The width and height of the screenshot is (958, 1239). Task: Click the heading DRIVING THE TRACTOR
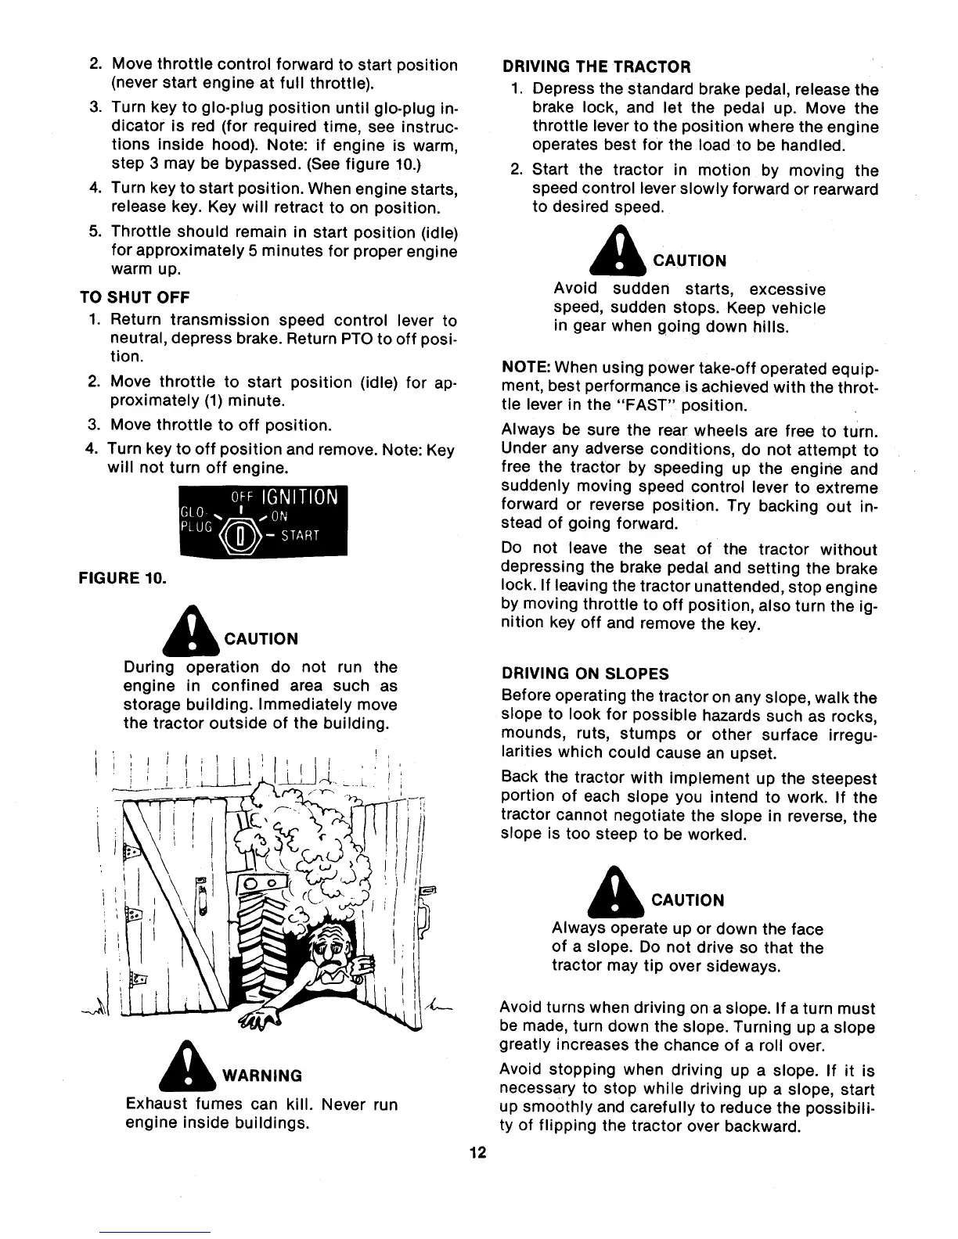coord(596,66)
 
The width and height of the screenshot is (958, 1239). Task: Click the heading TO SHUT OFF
coord(135,297)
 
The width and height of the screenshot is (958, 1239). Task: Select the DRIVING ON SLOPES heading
coord(585,673)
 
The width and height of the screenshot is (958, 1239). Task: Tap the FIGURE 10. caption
coord(121,580)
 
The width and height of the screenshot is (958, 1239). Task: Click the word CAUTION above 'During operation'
coord(261,639)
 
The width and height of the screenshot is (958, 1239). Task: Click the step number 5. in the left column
coord(95,232)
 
